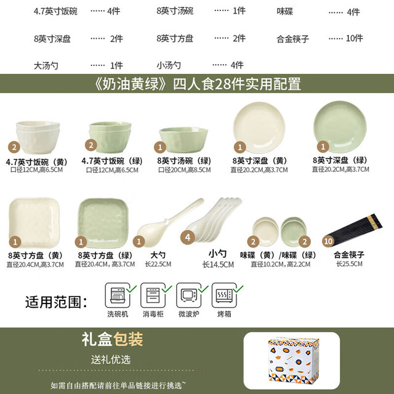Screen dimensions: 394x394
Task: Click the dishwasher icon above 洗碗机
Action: [x=118, y=295]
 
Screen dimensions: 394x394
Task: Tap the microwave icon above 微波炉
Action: [x=188, y=295]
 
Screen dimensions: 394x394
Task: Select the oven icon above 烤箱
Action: [x=224, y=295]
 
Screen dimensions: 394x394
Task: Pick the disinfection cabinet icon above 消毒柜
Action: [x=153, y=295]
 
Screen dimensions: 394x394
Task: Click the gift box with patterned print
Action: [x=293, y=361]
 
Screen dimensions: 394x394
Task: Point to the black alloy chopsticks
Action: [x=355, y=226]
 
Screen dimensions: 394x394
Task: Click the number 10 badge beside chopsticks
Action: [x=328, y=241]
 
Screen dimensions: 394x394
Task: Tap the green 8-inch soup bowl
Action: [x=183, y=140]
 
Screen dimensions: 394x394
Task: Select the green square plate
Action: [x=103, y=223]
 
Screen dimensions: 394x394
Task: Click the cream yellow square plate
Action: [x=34, y=223]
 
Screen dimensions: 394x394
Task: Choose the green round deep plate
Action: [x=340, y=126]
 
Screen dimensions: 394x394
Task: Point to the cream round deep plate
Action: [x=259, y=127]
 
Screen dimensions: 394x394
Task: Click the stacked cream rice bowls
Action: [x=38, y=137]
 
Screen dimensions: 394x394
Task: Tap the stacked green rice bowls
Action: [x=110, y=137]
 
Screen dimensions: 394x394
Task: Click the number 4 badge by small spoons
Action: [x=188, y=238]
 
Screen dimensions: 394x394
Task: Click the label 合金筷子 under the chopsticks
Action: [x=349, y=255]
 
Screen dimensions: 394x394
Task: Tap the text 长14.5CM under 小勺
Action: [x=218, y=265]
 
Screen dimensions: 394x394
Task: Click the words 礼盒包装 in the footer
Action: [x=112, y=339]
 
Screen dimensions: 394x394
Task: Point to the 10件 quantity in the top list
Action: [x=355, y=38]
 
